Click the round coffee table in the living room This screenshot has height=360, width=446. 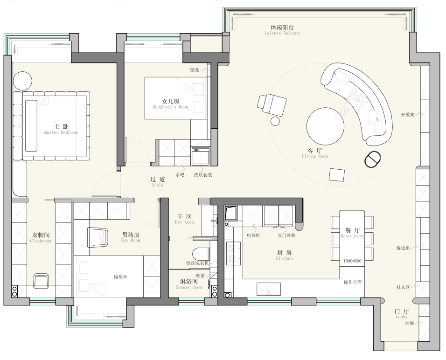tap(325, 126)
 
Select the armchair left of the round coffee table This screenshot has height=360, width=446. tap(272, 104)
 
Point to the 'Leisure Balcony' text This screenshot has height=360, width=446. tap(282, 33)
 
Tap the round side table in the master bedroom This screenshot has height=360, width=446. tap(23, 81)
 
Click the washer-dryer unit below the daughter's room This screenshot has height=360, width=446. tap(201, 156)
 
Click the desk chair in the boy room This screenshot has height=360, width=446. tap(98, 237)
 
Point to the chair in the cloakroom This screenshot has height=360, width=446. tap(41, 281)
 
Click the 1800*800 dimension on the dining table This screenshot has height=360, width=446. tap(352, 261)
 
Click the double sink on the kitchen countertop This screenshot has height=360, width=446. tap(269, 289)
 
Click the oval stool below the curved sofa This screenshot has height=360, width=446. tap(373, 160)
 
